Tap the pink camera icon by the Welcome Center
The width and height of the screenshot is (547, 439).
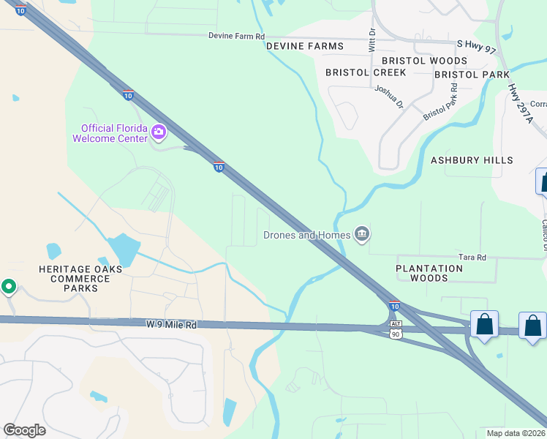[159, 132]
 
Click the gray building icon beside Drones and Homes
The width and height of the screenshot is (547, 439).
[361, 234]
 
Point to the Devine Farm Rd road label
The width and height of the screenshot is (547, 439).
[236, 36]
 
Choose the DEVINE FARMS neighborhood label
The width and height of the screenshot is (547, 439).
[304, 46]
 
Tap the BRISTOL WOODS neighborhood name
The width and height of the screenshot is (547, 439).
[424, 61]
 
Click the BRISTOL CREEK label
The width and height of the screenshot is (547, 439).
[355, 73]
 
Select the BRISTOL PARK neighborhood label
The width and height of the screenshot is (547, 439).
[472, 75]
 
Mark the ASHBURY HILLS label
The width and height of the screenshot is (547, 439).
[472, 160]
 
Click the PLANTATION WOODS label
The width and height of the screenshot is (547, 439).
[429, 273]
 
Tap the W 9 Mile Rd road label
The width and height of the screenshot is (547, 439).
[172, 324]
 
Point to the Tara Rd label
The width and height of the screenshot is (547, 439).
[472, 258]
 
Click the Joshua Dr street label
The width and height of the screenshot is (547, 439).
[388, 96]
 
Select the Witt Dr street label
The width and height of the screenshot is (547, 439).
[371, 40]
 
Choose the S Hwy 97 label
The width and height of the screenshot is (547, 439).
[475, 45]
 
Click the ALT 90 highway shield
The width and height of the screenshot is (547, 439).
[396, 329]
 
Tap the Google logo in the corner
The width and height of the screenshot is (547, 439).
[24, 430]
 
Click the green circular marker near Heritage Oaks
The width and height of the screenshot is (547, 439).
[9, 287]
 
